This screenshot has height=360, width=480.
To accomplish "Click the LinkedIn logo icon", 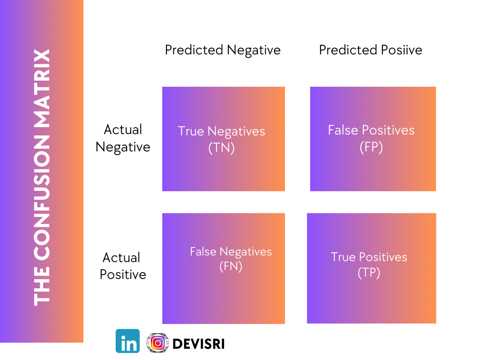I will point(127,341).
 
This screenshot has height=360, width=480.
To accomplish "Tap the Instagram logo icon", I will point(157,343).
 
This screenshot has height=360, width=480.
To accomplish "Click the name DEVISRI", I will point(199,344).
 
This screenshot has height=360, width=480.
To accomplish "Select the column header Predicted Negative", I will point(223,50).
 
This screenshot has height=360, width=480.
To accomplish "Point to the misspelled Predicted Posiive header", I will point(370,50).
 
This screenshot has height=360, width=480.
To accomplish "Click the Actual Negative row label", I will point(123,138).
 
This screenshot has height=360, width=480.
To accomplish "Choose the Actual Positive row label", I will point(123,266).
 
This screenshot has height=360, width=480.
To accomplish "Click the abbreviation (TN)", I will point(221,148).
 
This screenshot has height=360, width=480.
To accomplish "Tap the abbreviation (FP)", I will point(371,147).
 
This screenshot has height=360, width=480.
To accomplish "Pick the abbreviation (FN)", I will point(231,267).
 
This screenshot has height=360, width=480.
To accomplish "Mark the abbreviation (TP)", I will point(369,272).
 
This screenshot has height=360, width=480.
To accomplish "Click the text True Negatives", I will point(221,131).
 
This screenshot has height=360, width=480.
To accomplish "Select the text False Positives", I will point(371,130).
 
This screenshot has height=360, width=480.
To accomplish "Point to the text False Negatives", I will point(231,252).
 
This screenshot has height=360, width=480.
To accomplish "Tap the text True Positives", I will point(369,257).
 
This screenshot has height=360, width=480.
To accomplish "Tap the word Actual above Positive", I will point(121,257).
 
